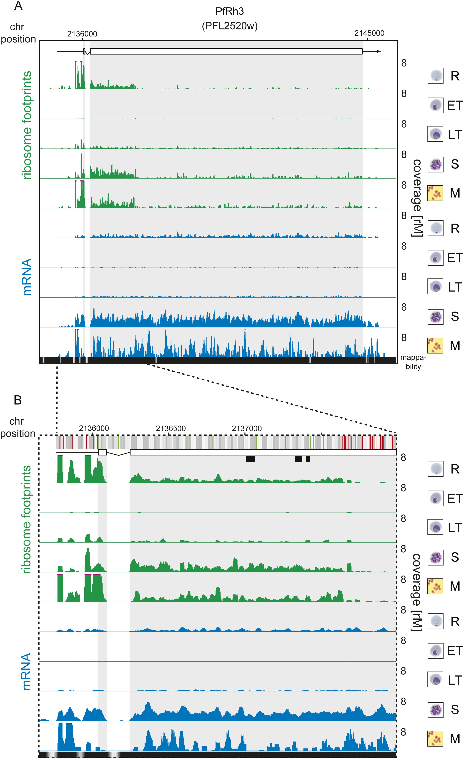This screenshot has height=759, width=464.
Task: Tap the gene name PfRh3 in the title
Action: pos(230,11)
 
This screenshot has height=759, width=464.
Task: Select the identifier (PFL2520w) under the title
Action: pos(230,26)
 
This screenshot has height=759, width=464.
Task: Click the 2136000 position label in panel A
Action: pos(82,34)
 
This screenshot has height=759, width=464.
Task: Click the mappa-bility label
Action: pos(413,362)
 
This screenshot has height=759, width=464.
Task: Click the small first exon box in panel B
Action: pos(102,452)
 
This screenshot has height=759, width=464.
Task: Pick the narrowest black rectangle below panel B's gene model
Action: pos(308,459)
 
